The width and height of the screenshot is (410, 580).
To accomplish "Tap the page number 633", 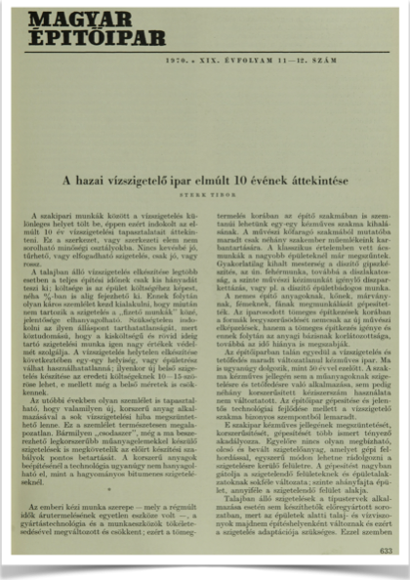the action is tap(386, 552).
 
